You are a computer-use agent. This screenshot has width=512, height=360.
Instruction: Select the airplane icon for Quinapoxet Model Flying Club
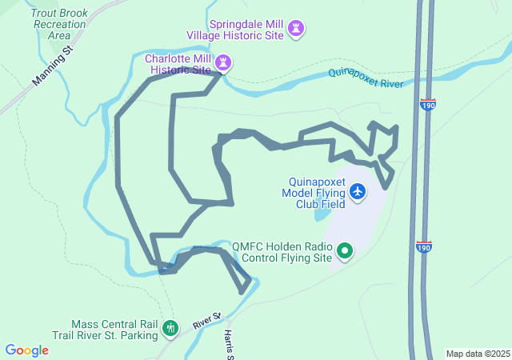[x=357, y=191]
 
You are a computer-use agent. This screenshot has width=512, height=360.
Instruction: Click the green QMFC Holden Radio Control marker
[x=345, y=252]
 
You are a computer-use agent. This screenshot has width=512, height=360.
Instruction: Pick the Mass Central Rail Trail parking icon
[x=170, y=327]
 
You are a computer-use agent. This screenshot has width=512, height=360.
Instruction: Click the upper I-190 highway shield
[x=426, y=105]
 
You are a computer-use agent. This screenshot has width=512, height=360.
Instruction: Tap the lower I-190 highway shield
[x=424, y=247]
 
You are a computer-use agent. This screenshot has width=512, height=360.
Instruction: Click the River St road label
[x=206, y=321]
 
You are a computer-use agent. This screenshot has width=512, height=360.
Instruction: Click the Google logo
[x=26, y=350]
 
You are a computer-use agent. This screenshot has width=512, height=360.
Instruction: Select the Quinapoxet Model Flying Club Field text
[x=314, y=193]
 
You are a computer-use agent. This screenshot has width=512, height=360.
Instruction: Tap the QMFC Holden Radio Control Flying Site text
[x=281, y=252]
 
